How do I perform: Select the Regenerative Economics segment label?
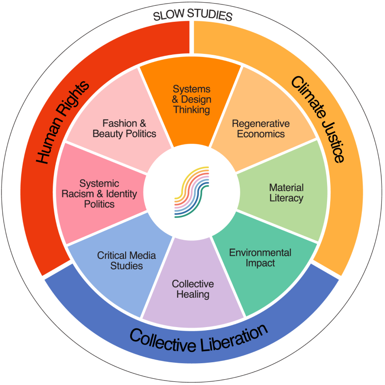pyautogui.click(x=261, y=128)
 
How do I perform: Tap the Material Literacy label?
pyautogui.click(x=286, y=192)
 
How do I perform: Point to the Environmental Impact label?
pyautogui.click(x=260, y=258)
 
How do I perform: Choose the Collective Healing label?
pyautogui.click(x=192, y=289)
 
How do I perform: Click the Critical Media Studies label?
pyautogui.click(x=127, y=260)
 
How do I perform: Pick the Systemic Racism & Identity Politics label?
pyautogui.click(x=99, y=194)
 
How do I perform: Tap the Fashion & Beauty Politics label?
pyautogui.click(x=124, y=128)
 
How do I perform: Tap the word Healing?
pyautogui.click(x=192, y=294)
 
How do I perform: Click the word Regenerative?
pyautogui.click(x=261, y=123)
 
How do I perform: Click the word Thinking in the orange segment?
pyautogui.click(x=192, y=109)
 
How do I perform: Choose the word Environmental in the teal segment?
pyautogui.click(x=260, y=253)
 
